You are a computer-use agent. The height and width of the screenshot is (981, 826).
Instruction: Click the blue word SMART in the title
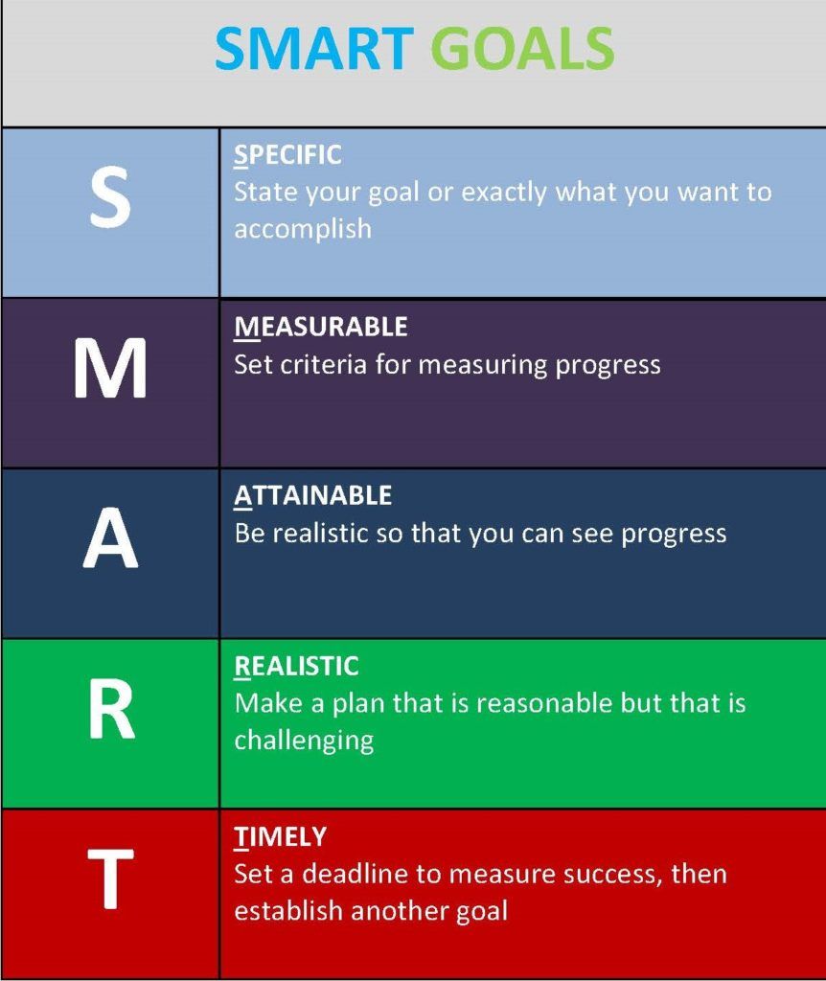(x=313, y=48)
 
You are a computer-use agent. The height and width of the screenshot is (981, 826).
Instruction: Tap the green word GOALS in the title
(x=522, y=48)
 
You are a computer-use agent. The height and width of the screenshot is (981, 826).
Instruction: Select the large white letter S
(x=110, y=197)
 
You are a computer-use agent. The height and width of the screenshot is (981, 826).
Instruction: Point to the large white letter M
(x=110, y=367)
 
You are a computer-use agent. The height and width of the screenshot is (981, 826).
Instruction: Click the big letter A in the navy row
(x=110, y=537)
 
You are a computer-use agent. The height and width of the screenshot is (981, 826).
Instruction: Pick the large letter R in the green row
(x=111, y=710)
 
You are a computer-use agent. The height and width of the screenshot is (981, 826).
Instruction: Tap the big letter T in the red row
(x=110, y=878)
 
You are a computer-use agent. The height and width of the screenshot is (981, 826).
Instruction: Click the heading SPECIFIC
(x=287, y=155)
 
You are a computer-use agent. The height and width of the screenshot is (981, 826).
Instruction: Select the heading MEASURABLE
(x=321, y=327)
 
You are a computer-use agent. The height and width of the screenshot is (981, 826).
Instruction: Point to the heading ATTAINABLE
(x=313, y=495)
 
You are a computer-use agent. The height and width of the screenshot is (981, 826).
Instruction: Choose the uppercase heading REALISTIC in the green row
(x=297, y=667)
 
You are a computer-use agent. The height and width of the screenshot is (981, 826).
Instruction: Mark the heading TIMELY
(x=281, y=836)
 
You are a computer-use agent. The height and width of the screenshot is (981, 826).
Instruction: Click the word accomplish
(x=303, y=230)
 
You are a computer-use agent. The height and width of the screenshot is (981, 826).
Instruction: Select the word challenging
(x=304, y=741)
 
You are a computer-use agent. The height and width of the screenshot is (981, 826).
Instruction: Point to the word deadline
(x=355, y=874)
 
